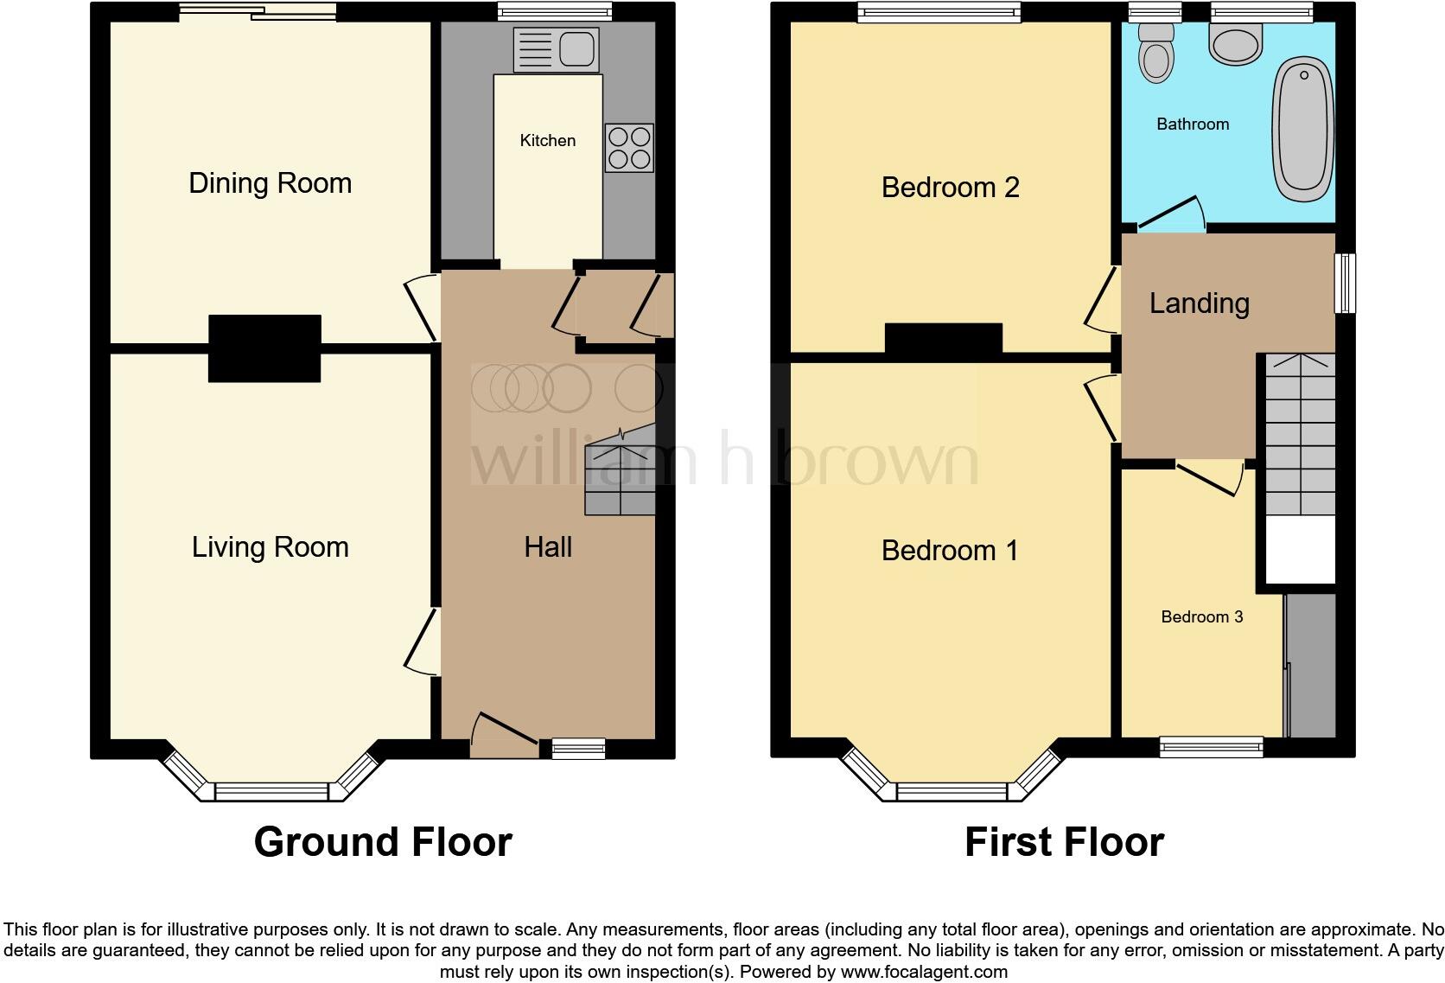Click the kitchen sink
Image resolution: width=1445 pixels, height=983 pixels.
point(556,49)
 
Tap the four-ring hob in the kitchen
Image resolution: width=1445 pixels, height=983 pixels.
point(629,148)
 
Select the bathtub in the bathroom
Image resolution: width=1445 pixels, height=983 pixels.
point(1303,126)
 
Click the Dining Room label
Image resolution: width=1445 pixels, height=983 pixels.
point(270,183)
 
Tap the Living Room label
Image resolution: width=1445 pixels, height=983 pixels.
point(270,547)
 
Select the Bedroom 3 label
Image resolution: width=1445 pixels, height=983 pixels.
point(1201,616)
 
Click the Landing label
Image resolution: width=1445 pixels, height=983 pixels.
point(1199,303)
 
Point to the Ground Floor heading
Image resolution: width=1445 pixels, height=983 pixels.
point(383,841)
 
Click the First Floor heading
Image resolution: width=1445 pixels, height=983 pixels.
point(1064,841)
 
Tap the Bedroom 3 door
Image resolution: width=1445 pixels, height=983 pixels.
point(1208,478)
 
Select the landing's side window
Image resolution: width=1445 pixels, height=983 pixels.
point(1345,283)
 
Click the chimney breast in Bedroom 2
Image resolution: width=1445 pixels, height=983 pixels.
point(943,338)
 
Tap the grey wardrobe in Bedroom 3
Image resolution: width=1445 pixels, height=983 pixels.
point(1311,665)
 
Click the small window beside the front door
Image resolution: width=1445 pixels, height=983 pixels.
point(578,749)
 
